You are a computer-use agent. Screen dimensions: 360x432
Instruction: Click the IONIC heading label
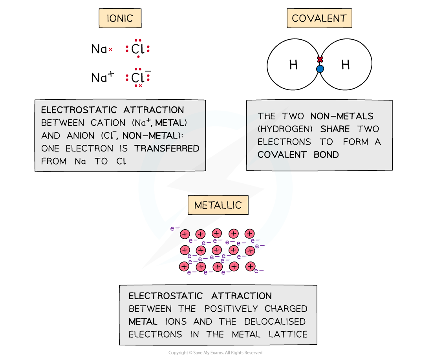pyautogui.click(x=120, y=18)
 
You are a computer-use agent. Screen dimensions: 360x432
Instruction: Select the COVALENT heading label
pyautogui.click(x=319, y=18)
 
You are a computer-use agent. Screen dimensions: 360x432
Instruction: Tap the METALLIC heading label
pyautogui.click(x=218, y=205)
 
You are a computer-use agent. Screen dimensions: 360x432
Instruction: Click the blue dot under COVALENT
pyautogui.click(x=320, y=69)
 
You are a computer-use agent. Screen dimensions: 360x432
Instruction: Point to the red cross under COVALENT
pyautogui.click(x=320, y=60)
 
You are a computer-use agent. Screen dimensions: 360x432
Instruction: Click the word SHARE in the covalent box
pyautogui.click(x=335, y=129)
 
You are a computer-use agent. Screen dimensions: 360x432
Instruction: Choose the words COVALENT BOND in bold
pyautogui.click(x=298, y=155)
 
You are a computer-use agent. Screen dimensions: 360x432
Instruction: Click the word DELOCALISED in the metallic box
pyautogui.click(x=275, y=322)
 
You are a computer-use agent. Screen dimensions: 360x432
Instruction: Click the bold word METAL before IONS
pyautogui.click(x=143, y=322)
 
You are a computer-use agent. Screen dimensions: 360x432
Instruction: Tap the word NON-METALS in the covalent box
pyautogui.click(x=342, y=116)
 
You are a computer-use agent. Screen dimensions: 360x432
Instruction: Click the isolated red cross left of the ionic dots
pyautogui.click(x=111, y=49)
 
